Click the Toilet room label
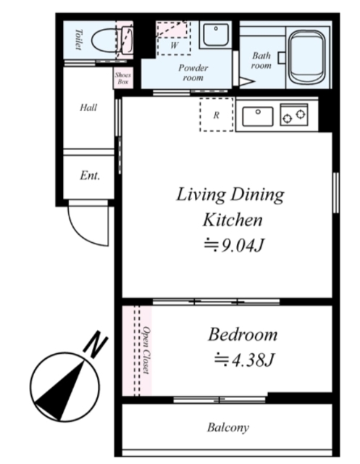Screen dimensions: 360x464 78,39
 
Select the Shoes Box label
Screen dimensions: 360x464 123,78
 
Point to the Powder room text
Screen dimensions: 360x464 193,72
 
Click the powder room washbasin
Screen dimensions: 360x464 216,34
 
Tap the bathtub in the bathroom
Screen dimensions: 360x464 307,57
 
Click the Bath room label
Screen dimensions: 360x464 261,60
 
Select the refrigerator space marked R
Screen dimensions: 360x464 217,115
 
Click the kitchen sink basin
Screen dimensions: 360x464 258,116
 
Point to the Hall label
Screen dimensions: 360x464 88,107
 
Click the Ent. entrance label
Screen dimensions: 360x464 90,175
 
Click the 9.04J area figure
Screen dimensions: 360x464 233,245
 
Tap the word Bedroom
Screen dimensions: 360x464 243,335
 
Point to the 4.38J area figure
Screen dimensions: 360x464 244,360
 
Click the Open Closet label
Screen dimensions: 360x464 146,350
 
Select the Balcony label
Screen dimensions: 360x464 228,427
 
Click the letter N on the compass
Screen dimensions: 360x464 96,344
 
